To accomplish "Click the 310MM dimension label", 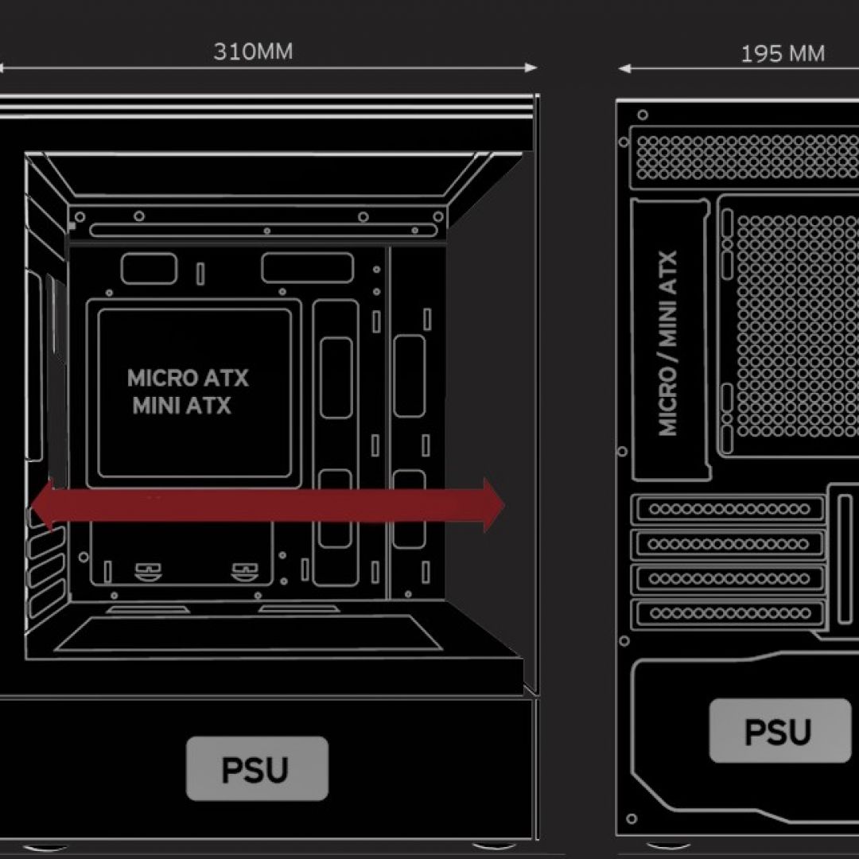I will tap(252, 52).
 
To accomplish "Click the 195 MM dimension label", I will tap(782, 54).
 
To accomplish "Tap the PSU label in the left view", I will tap(256, 768).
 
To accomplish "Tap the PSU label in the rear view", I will tap(779, 731).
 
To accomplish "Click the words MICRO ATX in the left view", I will tap(188, 378).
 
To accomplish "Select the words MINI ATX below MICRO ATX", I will tap(181, 406).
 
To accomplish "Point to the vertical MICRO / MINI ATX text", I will tap(668, 343).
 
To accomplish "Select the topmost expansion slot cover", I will tap(728, 509).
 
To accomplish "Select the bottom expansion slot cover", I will tap(728, 613).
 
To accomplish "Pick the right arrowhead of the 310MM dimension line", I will tap(534, 68).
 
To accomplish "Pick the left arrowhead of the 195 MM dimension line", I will tap(624, 69).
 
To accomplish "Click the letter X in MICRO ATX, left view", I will tap(238, 378).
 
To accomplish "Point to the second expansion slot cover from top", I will tap(728, 544).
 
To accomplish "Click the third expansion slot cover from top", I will tap(728, 578).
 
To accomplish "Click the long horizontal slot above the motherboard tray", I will tap(262, 231).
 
